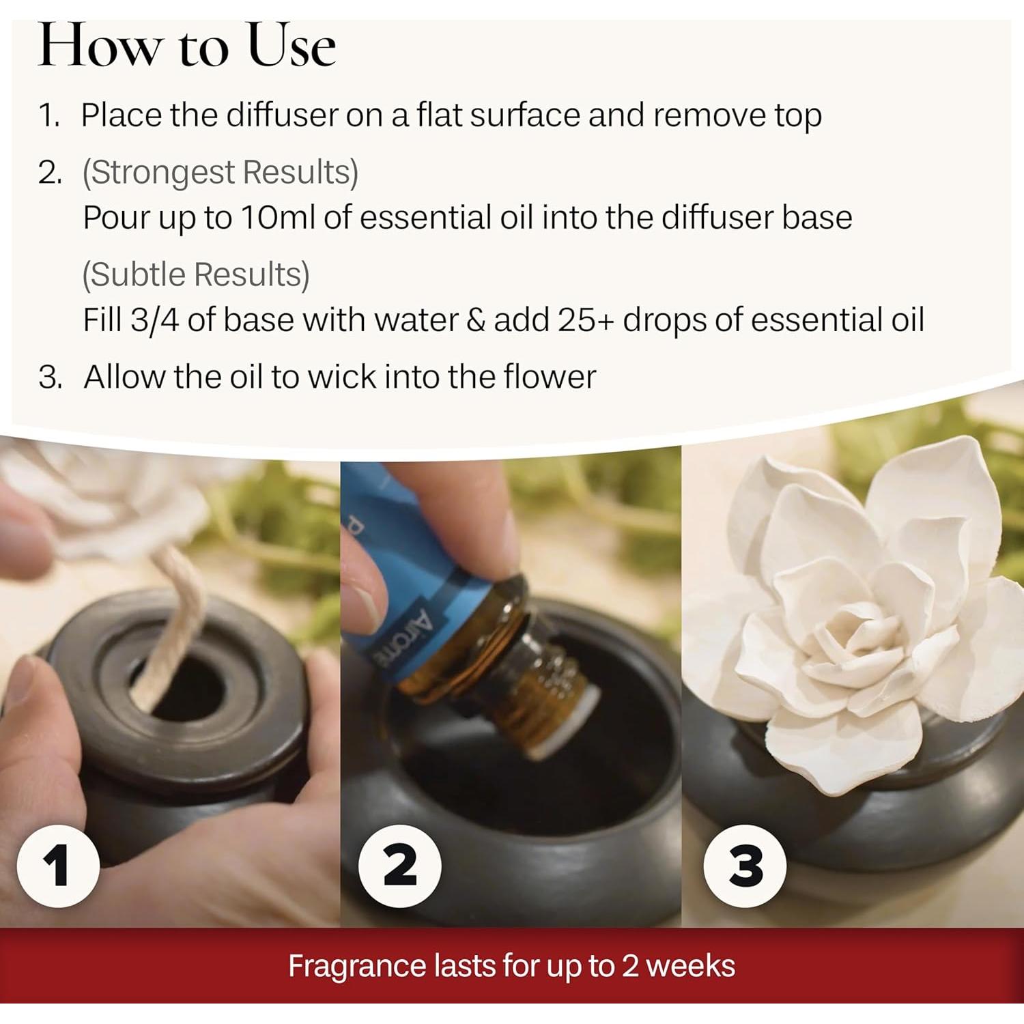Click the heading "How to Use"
coord(186,46)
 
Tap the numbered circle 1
coord(58,866)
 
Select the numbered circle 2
coord(400,866)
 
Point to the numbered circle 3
coord(745,866)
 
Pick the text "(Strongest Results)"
coord(220,173)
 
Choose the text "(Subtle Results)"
coord(196,274)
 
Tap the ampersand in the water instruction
coord(475,320)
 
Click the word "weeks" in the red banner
coord(690,966)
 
